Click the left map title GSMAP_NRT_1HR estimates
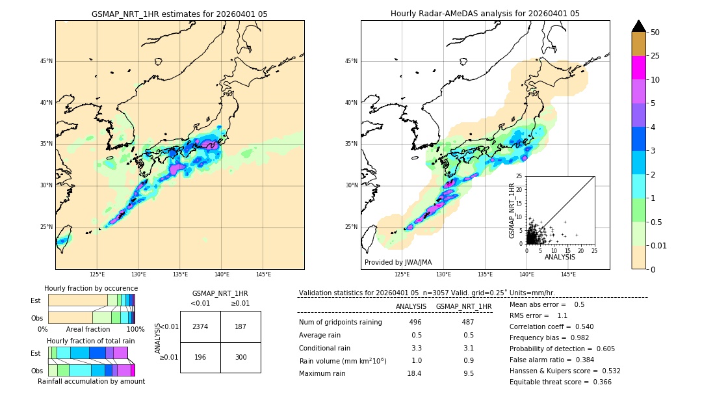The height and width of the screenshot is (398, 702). click(179, 14)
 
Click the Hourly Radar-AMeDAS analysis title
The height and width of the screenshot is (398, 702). click(485, 14)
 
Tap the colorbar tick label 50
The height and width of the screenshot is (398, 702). click(655, 33)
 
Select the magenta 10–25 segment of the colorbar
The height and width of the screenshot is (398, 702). click(638, 68)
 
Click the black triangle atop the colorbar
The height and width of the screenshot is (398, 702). click(638, 26)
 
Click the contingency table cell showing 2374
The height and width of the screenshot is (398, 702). click(200, 326)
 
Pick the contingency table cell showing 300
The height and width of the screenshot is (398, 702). click(240, 357)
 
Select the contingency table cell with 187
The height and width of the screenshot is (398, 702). click(240, 326)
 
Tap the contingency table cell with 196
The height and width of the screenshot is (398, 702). click(200, 357)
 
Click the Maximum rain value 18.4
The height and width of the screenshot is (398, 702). click(414, 373)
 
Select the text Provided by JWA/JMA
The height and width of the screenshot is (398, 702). click(397, 262)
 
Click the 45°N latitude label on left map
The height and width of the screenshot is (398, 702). click(46, 61)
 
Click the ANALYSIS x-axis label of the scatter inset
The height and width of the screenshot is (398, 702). click(560, 257)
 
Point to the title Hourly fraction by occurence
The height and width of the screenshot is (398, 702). click(91, 288)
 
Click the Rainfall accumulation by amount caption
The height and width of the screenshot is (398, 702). click(91, 381)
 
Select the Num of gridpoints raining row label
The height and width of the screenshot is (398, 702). click(340, 322)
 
